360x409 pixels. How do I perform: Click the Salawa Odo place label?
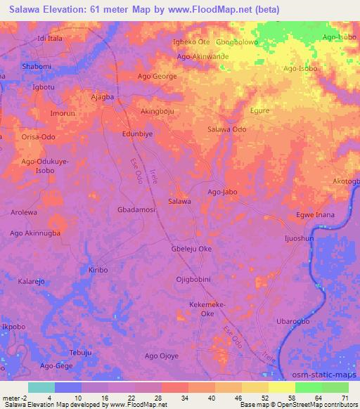point(226,129)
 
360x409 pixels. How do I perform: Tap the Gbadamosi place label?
point(136,209)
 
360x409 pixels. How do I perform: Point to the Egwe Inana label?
point(315,214)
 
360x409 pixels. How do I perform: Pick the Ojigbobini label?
point(194,280)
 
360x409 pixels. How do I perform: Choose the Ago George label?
point(157,76)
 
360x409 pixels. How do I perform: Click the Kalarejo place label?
point(32,280)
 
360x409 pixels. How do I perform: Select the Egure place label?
point(260,110)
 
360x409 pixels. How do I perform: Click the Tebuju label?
point(81,352)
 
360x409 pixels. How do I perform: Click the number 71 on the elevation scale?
point(345,398)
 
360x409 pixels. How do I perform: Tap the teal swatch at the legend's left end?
point(41,387)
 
